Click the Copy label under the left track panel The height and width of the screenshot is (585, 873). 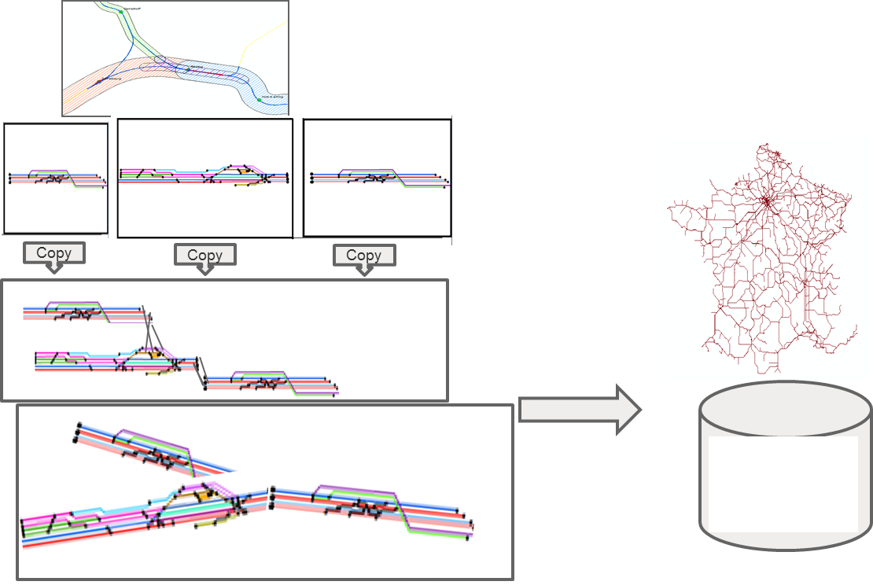click(x=53, y=253)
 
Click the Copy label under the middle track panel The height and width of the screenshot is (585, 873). click(x=204, y=255)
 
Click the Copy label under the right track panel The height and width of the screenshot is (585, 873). click(x=363, y=255)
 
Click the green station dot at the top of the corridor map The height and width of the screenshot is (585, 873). click(x=121, y=12)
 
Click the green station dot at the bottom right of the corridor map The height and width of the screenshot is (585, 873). click(x=260, y=99)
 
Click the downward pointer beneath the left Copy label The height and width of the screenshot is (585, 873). click(x=53, y=268)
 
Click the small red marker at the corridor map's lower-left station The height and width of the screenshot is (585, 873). click(x=98, y=82)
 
